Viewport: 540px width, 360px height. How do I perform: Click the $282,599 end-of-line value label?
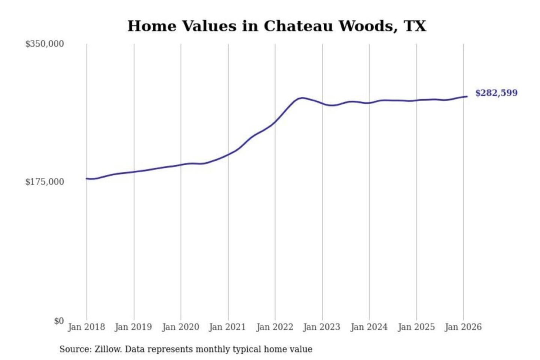(496, 93)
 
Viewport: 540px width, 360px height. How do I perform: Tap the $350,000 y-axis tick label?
(44, 44)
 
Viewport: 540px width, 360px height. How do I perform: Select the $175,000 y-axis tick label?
(44, 182)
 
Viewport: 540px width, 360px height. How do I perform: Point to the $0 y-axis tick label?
(58, 321)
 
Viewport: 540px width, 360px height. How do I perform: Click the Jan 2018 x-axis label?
(86, 327)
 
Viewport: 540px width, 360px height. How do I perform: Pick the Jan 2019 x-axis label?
(133, 327)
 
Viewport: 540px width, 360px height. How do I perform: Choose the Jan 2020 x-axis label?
(180, 327)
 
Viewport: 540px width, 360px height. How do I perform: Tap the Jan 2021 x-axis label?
(227, 327)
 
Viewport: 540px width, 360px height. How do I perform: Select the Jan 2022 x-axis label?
(274, 327)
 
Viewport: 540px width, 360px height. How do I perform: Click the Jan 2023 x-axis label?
(322, 327)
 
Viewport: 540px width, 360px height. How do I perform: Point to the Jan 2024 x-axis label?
(369, 327)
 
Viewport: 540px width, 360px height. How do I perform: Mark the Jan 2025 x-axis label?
(416, 327)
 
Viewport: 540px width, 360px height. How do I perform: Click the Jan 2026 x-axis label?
(463, 327)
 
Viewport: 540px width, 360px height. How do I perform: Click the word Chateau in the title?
(298, 26)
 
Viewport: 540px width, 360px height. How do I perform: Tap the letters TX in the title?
(415, 26)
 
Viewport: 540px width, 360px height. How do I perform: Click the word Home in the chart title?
(152, 26)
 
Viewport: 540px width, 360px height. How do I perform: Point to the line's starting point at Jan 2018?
(87, 178)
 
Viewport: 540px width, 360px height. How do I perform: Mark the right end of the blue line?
(466, 97)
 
